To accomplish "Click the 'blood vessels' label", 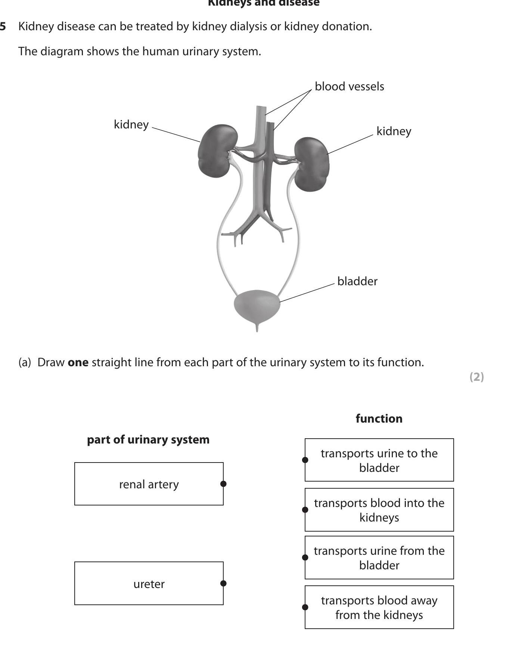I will point(349,87).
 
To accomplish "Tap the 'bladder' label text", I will point(357,281).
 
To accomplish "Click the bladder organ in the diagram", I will point(257,305).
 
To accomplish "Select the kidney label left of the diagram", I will point(131,124).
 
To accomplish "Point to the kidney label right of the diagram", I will point(394,131).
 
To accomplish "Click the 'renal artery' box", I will point(149,484).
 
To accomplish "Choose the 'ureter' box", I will point(149,584).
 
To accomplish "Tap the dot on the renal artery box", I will point(223,484).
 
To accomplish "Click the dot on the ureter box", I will point(223,583).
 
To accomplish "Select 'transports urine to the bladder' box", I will point(379,460).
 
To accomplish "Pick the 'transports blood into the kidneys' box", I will point(379,510).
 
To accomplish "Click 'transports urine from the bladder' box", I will point(379,558).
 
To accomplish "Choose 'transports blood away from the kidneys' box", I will point(379,607).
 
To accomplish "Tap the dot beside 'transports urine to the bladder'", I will point(305,460).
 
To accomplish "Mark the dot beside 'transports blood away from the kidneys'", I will point(305,607).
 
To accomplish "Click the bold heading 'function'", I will point(379,418).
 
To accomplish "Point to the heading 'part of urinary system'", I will point(148,439).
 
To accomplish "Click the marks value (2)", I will point(476,377).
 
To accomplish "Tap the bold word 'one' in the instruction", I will point(78,362).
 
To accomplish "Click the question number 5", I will point(3,27).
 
